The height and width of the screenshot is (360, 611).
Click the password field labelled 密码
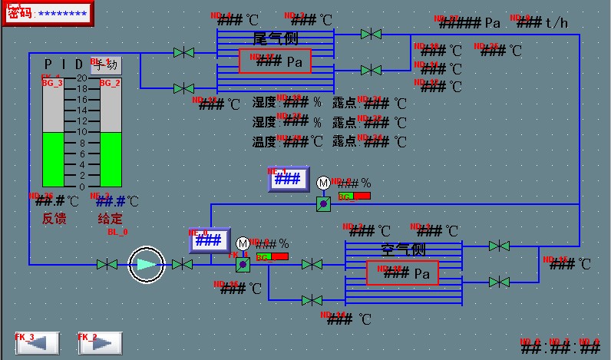pos(47,13)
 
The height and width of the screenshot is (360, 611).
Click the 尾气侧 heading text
pos(276,38)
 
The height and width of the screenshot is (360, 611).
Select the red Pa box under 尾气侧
pos(275,61)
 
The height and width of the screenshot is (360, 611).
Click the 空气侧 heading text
pos(404,249)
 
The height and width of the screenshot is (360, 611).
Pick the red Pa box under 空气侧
pos(402,272)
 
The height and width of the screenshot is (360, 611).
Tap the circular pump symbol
pos(146,265)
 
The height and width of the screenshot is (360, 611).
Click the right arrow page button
pos(100,343)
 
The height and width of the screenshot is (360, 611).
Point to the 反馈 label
pos(54,219)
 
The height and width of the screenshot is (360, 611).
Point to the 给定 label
pos(111,219)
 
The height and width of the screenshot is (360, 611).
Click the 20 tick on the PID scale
pos(81,78)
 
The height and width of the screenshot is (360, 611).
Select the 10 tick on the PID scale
pos(81,132)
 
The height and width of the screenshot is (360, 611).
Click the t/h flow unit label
pos(557,23)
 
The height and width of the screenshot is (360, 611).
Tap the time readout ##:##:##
pos(560,347)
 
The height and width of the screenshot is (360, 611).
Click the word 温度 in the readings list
pos(264,141)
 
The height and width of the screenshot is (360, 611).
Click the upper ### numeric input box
pos(288,179)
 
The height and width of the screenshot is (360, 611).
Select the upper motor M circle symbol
pos(323,183)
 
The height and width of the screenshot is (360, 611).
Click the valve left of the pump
pos(107,265)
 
